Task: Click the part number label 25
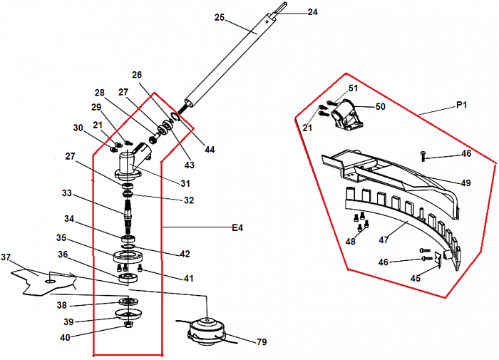[x=219, y=16]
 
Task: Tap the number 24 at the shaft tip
[x=312, y=12]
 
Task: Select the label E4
[x=237, y=228]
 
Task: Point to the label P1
[x=461, y=105]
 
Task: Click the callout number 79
[x=261, y=342]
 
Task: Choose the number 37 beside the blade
[x=6, y=257]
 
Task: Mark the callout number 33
[x=67, y=193]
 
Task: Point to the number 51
[x=353, y=88]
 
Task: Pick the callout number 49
[x=465, y=183]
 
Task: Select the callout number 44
[x=209, y=150]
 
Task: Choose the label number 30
[x=78, y=128]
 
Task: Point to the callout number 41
[x=188, y=278]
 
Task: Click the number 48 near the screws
[x=350, y=241]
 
